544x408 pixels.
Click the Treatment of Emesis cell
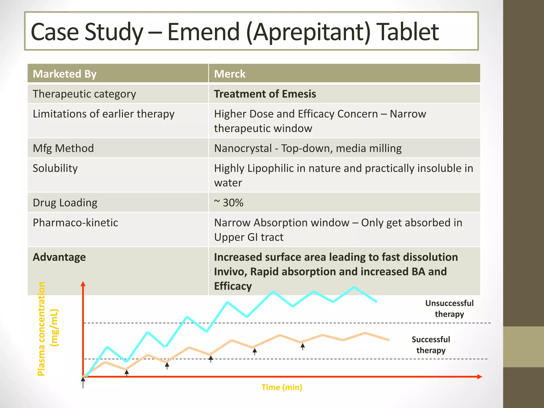point(265,94)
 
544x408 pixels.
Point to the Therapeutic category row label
point(84,94)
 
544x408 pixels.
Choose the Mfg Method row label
point(63,148)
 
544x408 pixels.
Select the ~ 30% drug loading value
point(229,203)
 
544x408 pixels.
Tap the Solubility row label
point(55,168)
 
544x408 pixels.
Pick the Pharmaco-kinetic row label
point(75,223)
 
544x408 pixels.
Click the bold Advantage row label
point(59,257)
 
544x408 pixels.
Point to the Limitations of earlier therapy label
point(104,114)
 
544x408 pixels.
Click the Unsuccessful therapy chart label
point(449,308)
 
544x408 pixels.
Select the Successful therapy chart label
point(431,345)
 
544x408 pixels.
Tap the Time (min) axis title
point(282,387)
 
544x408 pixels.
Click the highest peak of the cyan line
point(354,287)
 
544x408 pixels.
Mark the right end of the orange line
point(389,340)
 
